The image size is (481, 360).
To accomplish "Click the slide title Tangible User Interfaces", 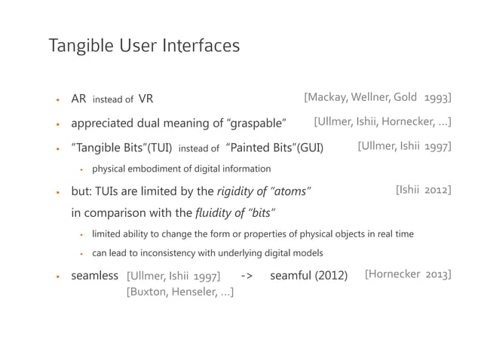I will pyautogui.click(x=144, y=47).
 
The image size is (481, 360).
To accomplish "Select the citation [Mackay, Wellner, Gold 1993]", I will pyautogui.click(x=378, y=97).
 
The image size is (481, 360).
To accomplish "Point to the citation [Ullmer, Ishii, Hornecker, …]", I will pyautogui.click(x=383, y=122).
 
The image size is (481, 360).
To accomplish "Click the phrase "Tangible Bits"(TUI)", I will pyautogui.click(x=121, y=148).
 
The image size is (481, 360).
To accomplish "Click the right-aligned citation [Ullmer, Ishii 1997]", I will pyautogui.click(x=404, y=146).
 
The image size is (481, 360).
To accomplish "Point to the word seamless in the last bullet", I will pyautogui.click(x=95, y=276).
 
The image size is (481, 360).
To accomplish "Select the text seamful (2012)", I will pyautogui.click(x=309, y=276).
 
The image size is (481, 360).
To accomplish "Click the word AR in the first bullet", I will pyautogui.click(x=78, y=98).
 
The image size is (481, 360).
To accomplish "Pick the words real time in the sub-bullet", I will pyautogui.click(x=394, y=233).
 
